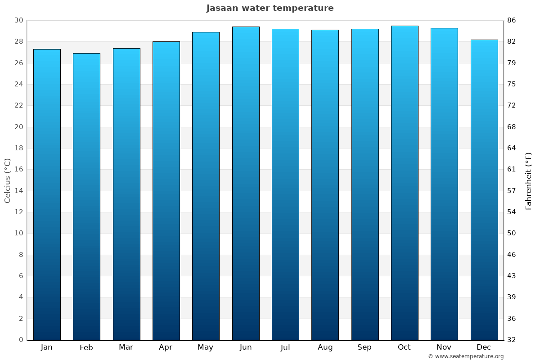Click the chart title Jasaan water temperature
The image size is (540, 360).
coord(270,8)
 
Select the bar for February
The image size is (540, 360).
coord(86,196)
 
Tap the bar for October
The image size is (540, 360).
coord(404,183)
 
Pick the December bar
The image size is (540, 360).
coord(484,189)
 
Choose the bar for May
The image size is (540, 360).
coord(206,186)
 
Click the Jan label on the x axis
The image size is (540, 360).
coord(46,347)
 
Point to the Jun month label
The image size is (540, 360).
coord(246,347)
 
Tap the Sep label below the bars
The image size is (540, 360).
coord(364,347)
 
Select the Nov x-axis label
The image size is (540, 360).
coord(444,347)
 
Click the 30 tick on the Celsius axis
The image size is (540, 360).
coord(18,20)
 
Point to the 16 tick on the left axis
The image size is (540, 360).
coord(18,170)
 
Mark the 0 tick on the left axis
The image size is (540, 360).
coord(21,340)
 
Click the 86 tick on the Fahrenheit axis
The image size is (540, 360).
coord(512,20)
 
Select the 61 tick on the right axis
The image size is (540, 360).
coord(512,170)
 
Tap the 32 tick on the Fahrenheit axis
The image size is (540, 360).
coord(512,340)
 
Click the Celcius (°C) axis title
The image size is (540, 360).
coord(7,180)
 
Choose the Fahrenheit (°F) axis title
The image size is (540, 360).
coord(529,180)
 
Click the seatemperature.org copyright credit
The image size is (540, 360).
coord(466,356)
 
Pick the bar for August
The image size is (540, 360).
coord(325,184)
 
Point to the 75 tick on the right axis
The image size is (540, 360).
coord(512,84)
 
